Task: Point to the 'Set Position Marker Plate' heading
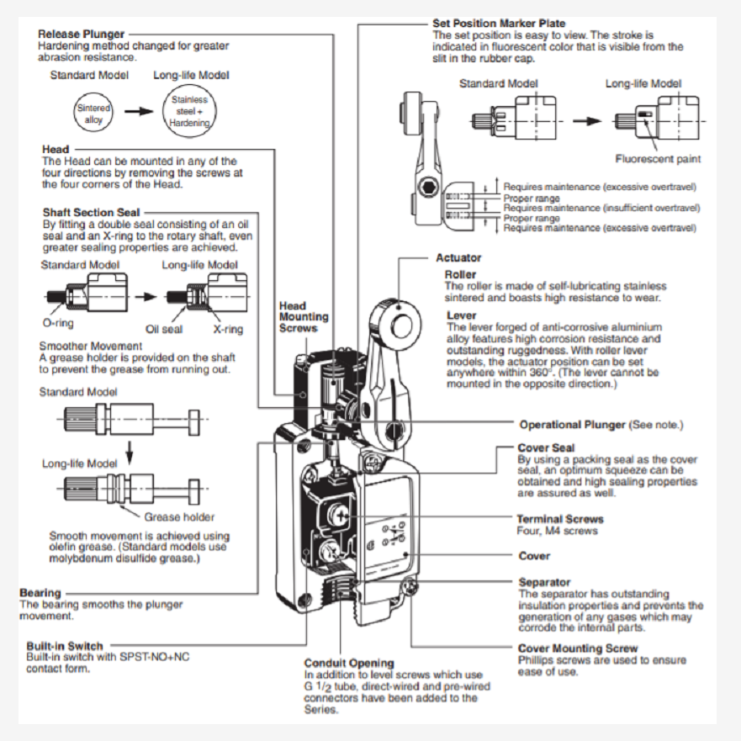click(499, 23)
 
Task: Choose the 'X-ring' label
click(227, 329)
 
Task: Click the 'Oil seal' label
click(164, 329)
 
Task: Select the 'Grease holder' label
click(179, 516)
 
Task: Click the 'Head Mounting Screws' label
click(304, 316)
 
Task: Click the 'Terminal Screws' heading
click(559, 519)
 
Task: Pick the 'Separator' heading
click(544, 582)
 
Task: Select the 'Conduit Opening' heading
click(348, 663)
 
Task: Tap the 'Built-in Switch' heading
click(64, 647)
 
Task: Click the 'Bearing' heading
click(40, 593)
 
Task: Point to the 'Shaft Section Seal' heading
click(91, 213)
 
